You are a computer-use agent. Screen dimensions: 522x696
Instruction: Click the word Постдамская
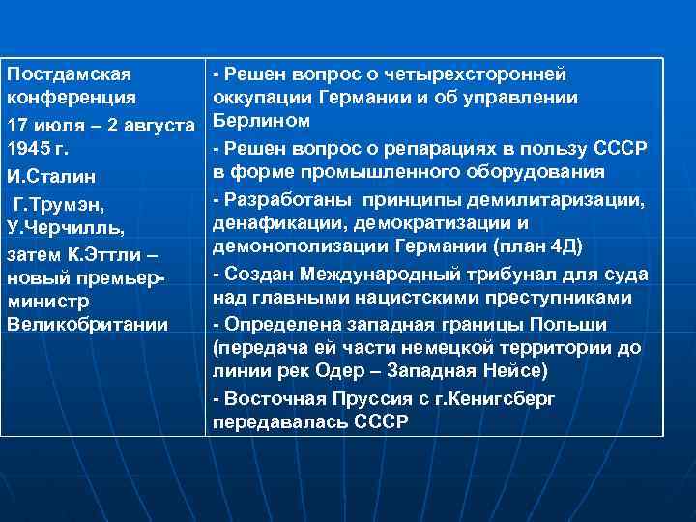(x=69, y=73)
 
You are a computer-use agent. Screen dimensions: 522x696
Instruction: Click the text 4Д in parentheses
(x=562, y=246)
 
